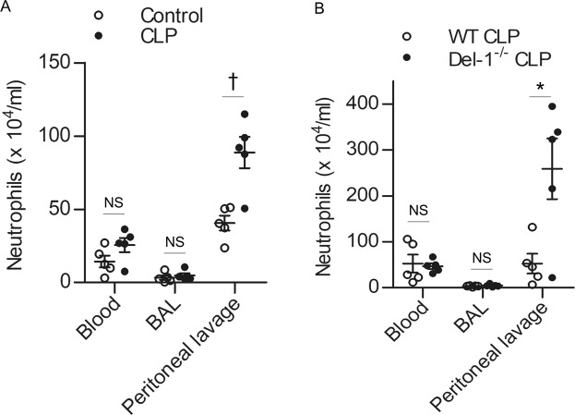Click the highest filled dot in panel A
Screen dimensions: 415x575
click(x=246, y=115)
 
